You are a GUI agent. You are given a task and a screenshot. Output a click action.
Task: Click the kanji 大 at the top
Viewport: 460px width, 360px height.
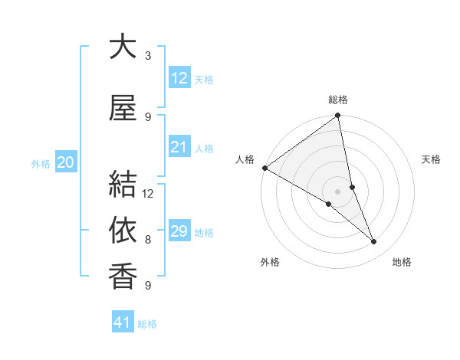tap(123, 47)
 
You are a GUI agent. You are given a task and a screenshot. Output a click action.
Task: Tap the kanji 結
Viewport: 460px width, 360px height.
tap(123, 185)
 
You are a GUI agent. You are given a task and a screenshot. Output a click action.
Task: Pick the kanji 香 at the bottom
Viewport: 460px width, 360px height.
tap(123, 275)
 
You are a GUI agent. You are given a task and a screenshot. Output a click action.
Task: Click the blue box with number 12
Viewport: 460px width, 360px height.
tap(179, 78)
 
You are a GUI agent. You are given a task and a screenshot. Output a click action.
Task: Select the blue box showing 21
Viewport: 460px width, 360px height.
tap(179, 147)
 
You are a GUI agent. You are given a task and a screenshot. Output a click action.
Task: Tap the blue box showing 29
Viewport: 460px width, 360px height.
tap(179, 231)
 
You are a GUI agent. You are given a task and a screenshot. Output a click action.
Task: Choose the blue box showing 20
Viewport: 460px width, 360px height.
tap(66, 162)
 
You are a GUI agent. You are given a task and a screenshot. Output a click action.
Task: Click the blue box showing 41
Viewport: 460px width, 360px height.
tap(123, 322)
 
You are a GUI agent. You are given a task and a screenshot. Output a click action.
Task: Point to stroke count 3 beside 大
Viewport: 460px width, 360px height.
tap(148, 55)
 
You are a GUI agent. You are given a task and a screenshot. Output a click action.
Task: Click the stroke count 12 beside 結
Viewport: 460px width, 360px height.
tap(148, 193)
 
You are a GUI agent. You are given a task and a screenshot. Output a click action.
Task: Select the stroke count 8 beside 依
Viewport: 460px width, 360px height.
tap(148, 239)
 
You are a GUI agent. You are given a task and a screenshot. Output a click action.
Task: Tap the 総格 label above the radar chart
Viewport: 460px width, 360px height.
tap(338, 100)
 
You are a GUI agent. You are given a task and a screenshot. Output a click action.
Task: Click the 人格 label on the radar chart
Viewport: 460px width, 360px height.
tap(245, 159)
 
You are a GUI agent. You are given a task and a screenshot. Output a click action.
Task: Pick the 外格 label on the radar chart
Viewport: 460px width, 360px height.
tap(270, 262)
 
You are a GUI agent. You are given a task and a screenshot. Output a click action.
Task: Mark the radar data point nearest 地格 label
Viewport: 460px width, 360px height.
tap(374, 242)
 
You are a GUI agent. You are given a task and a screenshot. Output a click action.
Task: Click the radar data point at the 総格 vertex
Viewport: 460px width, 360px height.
tap(338, 116)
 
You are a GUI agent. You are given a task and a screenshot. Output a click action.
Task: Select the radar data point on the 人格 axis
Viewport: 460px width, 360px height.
tap(264, 168)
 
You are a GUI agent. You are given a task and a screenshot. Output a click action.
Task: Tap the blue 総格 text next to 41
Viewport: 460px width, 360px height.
tap(147, 324)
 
